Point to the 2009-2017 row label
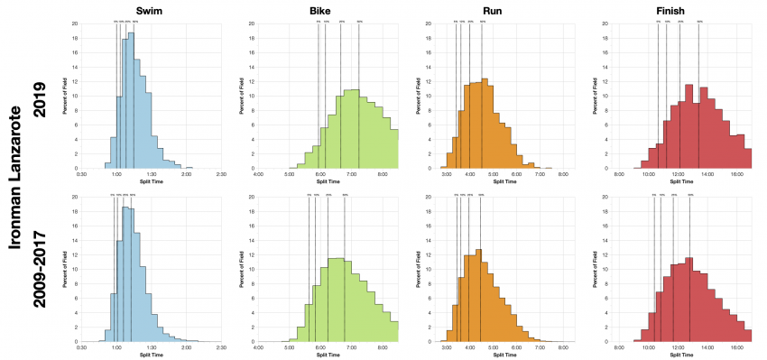[39, 268]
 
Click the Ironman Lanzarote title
[14, 180]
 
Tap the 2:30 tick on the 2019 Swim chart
[221, 173]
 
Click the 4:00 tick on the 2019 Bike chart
[259, 173]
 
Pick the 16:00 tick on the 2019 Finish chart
[736, 173]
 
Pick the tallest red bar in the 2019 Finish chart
[690, 126]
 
